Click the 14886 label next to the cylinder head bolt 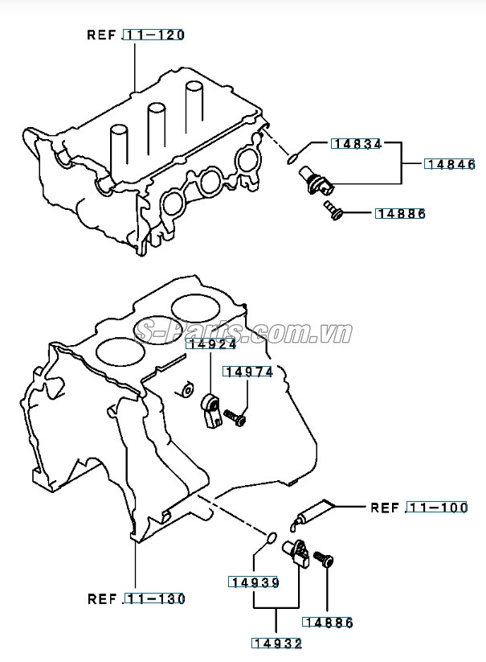point(400,213)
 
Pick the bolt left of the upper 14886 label point(333,212)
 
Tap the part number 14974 point(249,372)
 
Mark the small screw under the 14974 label point(235,418)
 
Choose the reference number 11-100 point(437,508)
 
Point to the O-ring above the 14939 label point(272,537)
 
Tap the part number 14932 point(277,643)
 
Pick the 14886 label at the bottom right point(328,622)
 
